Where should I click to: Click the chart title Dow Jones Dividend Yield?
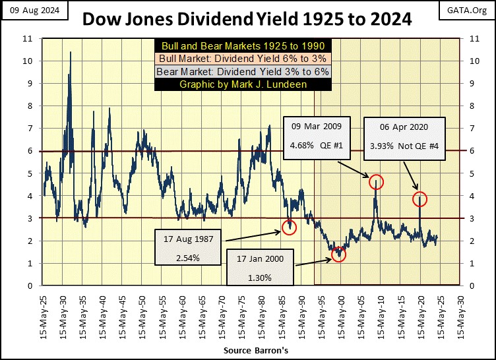pos(247,20)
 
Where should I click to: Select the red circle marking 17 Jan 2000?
pos(338,254)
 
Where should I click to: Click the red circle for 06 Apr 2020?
pos(420,198)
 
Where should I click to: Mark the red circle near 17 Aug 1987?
pos(289,227)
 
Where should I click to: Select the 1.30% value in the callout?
pos(256,278)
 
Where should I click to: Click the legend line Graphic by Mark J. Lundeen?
pos(239,84)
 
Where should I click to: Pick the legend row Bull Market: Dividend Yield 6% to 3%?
pos(239,59)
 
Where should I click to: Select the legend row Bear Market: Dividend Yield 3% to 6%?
pos(239,72)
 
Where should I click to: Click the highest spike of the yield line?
pos(71,52)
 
